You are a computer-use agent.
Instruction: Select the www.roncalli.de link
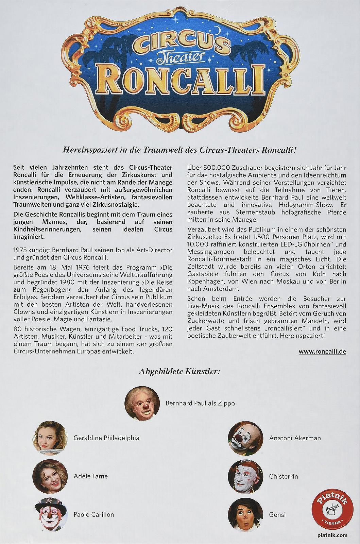click(322, 352)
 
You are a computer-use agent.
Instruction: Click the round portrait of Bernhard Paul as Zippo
click(142, 403)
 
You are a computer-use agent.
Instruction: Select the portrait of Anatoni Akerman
click(246, 438)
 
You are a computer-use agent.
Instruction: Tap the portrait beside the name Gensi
click(246, 514)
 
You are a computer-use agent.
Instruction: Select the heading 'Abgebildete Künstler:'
click(179, 371)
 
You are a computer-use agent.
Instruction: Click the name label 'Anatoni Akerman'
click(295, 438)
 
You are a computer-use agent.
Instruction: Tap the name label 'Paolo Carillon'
click(93, 514)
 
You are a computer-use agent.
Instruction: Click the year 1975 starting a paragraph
click(19, 250)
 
